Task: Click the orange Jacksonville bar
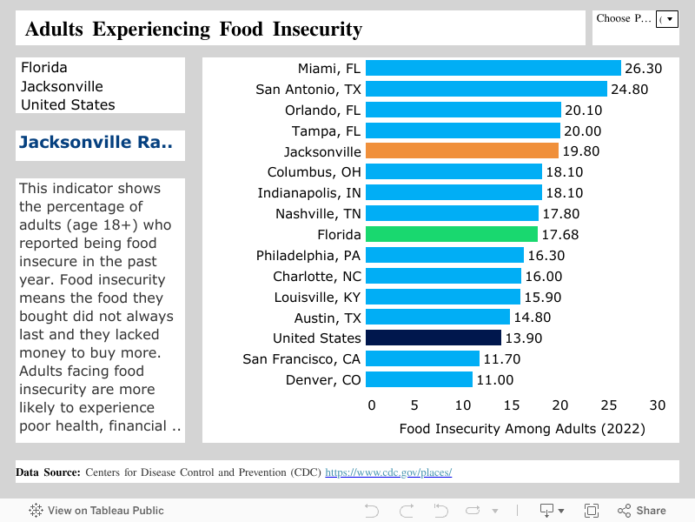(x=461, y=151)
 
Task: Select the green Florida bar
(x=452, y=234)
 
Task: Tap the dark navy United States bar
(x=434, y=338)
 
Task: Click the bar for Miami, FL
(x=493, y=68)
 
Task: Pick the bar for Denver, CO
(x=419, y=379)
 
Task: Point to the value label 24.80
(x=630, y=89)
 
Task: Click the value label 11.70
(x=501, y=358)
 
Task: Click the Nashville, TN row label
(x=318, y=213)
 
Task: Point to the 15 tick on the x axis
(x=513, y=405)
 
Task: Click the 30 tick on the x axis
(x=658, y=405)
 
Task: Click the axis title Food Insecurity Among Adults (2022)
(x=521, y=428)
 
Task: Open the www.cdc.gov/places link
(x=388, y=472)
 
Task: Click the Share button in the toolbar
(x=641, y=511)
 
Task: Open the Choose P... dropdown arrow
(x=666, y=19)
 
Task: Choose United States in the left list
(x=68, y=104)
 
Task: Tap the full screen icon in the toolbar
(x=592, y=511)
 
